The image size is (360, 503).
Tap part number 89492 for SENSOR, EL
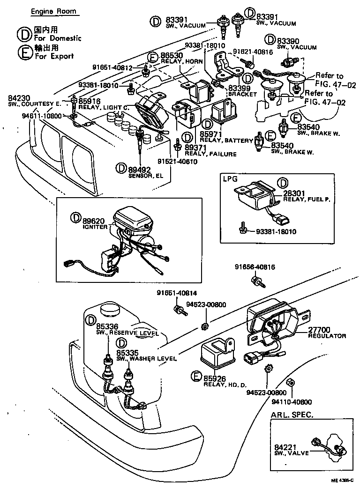click(x=140, y=169)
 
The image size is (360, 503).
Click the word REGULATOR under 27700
click(x=327, y=336)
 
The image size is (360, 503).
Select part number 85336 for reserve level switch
click(x=107, y=326)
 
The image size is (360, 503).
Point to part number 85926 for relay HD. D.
click(x=215, y=377)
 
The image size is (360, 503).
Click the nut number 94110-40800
click(x=293, y=402)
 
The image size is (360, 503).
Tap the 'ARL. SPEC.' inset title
click(x=292, y=415)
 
